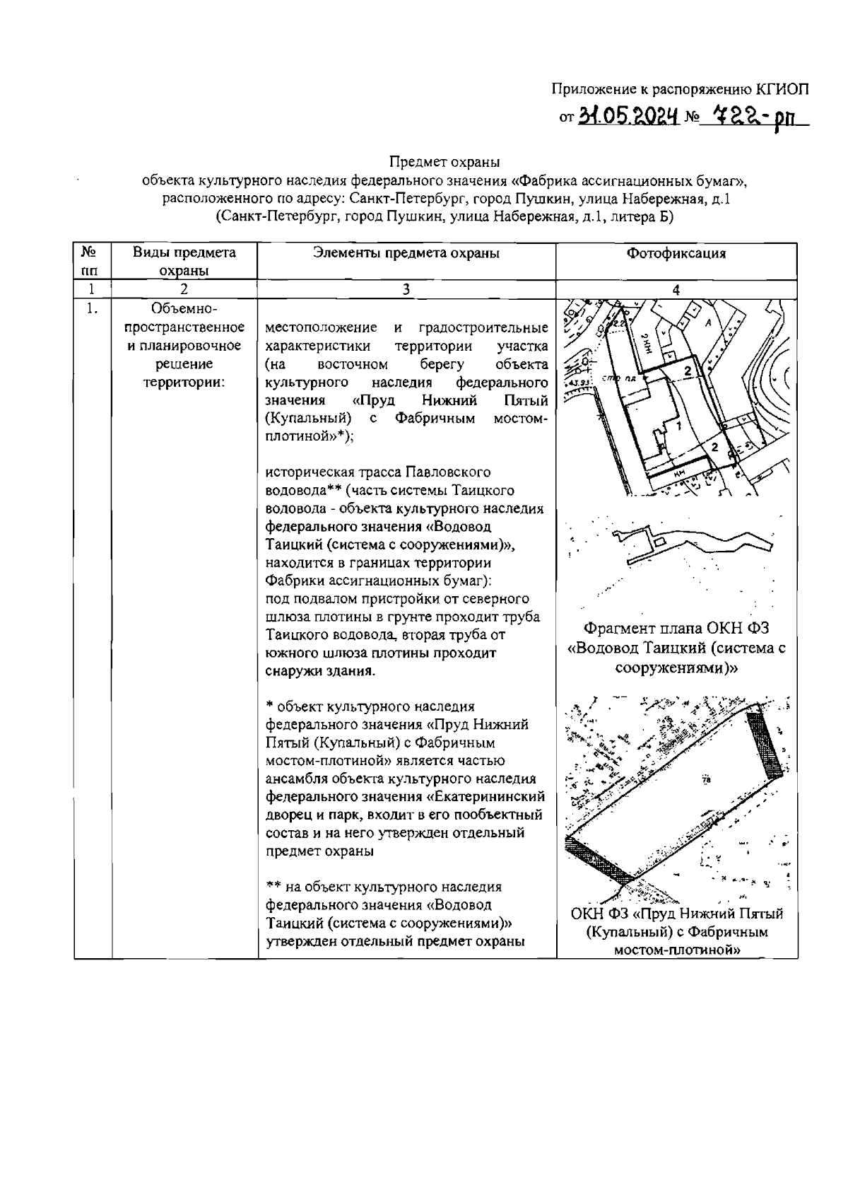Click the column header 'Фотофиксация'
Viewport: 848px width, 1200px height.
[676, 253]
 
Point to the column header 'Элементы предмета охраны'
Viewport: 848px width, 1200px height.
[406, 253]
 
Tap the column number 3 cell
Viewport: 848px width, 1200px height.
[406, 289]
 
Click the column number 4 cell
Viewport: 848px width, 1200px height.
[676, 289]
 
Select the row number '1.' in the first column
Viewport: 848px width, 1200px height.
[91, 309]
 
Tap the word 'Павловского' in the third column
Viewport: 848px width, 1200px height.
[449, 472]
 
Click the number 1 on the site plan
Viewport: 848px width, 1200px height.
[678, 426]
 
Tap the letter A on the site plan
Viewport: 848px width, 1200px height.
[707, 322]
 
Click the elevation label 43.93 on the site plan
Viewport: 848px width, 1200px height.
[579, 383]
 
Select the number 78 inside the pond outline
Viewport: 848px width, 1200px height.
[706, 780]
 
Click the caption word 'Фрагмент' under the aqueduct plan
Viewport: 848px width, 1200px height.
[620, 628]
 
